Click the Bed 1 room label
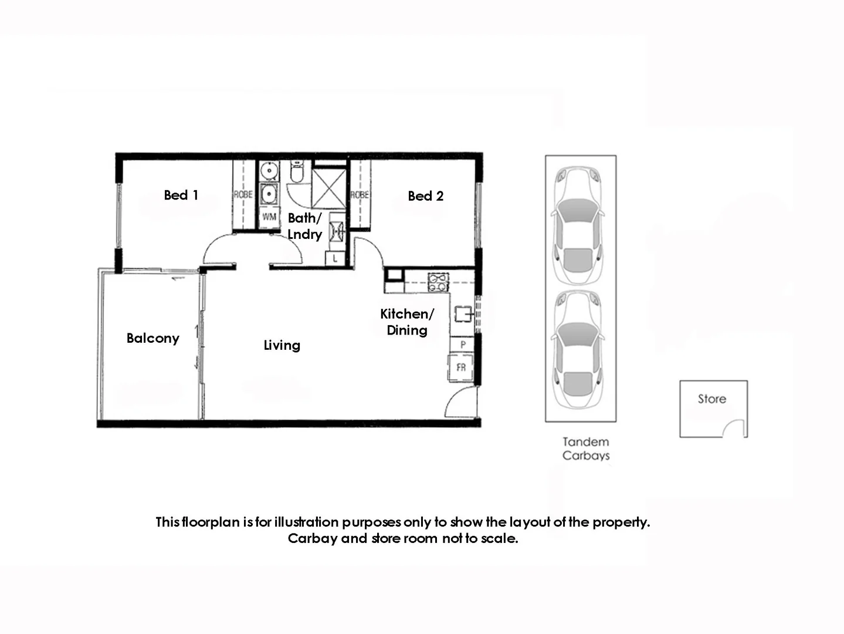pyautogui.click(x=181, y=195)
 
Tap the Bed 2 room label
pyautogui.click(x=425, y=196)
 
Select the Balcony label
pyautogui.click(x=152, y=338)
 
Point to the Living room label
pyautogui.click(x=282, y=345)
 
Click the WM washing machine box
pyautogui.click(x=269, y=217)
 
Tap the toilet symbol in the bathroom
pyautogui.click(x=297, y=172)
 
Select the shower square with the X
pyautogui.click(x=329, y=188)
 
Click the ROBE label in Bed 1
pyautogui.click(x=243, y=194)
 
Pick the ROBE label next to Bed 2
pyautogui.click(x=359, y=195)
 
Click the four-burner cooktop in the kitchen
pyautogui.click(x=438, y=282)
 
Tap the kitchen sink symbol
pyautogui.click(x=463, y=315)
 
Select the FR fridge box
pyautogui.click(x=461, y=367)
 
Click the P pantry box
pyautogui.click(x=463, y=345)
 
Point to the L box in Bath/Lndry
pyautogui.click(x=335, y=258)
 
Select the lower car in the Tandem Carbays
pyautogui.click(x=578, y=350)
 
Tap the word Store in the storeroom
pyautogui.click(x=711, y=399)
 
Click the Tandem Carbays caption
pyautogui.click(x=585, y=448)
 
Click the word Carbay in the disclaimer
pyautogui.click(x=312, y=538)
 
